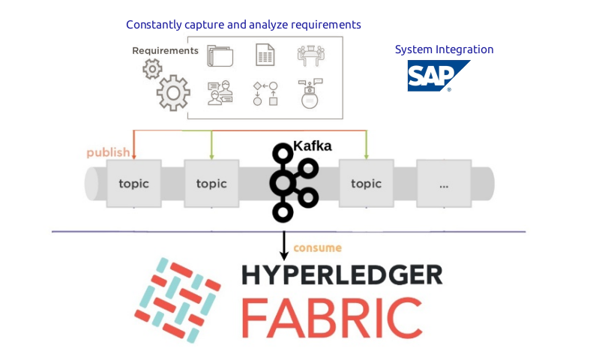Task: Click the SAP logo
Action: pyautogui.click(x=437, y=76)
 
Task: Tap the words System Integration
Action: pyautogui.click(x=444, y=49)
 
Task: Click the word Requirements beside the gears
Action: pyautogui.click(x=165, y=51)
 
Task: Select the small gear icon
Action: pyautogui.click(x=152, y=70)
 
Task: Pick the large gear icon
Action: pyautogui.click(x=174, y=93)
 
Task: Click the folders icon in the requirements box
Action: pyautogui.click(x=220, y=55)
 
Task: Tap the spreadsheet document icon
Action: pyautogui.click(x=265, y=55)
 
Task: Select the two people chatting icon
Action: pyautogui.click(x=220, y=94)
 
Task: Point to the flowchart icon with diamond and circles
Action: pyautogui.click(x=265, y=94)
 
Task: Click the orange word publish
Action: pyautogui.click(x=108, y=153)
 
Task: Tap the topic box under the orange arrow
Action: pyautogui.click(x=133, y=183)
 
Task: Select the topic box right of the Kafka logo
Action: pyautogui.click(x=366, y=183)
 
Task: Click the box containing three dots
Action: pyautogui.click(x=444, y=183)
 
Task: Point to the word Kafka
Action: pyautogui.click(x=313, y=146)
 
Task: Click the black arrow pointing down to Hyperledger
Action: pyautogui.click(x=284, y=245)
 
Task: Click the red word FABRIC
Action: pyautogui.click(x=330, y=316)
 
